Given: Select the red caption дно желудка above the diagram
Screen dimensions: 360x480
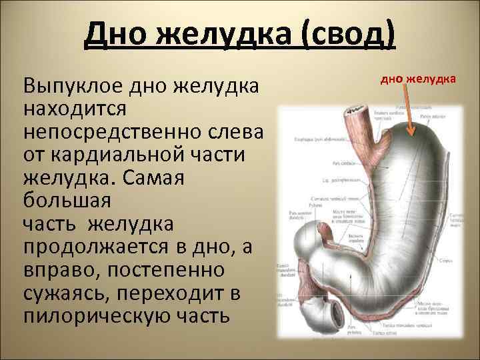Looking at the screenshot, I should (418, 80).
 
